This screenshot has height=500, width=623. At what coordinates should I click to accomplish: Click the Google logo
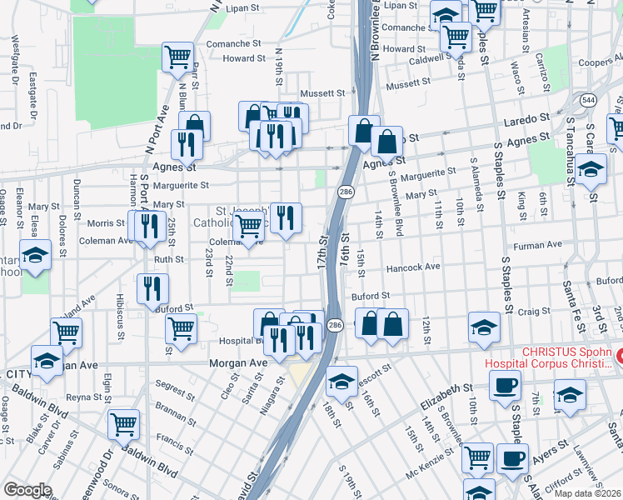[27, 490]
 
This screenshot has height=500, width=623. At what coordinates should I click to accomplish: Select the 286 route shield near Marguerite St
[343, 192]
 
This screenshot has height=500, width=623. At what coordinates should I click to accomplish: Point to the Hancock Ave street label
[412, 267]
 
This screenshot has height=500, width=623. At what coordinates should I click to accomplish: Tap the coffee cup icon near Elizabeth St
[505, 387]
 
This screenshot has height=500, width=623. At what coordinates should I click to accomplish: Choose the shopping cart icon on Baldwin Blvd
[124, 423]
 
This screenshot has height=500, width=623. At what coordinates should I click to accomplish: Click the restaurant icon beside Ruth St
[152, 288]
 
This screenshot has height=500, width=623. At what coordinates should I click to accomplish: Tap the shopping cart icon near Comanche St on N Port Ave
[177, 57]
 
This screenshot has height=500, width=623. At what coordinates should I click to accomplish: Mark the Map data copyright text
[589, 492]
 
